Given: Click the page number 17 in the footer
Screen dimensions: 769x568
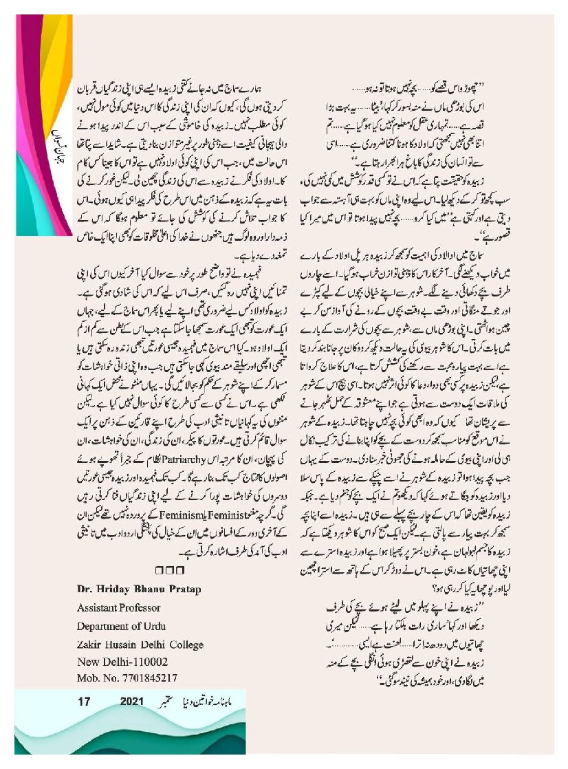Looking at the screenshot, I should [x=85, y=702].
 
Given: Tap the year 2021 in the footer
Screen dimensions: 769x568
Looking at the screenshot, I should [x=133, y=702].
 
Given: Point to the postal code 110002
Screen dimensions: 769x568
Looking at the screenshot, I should [x=149, y=661].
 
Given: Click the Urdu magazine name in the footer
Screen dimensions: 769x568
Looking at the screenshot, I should [x=210, y=702].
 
